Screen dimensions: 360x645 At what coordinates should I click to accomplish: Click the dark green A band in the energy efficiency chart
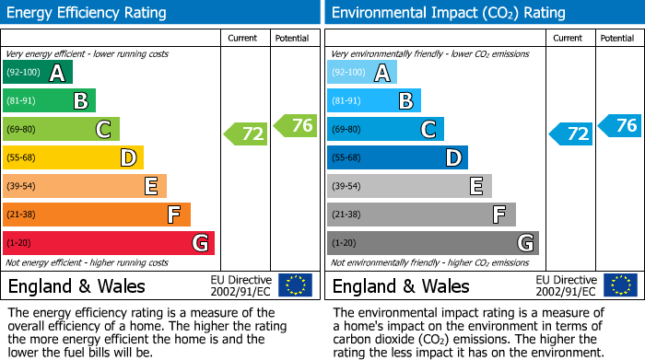(37, 73)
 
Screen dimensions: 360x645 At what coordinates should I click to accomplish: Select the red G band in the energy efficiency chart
(108, 243)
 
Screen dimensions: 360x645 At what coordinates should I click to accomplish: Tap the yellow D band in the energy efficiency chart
(73, 158)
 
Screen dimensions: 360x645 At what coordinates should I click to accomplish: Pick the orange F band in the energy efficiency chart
(96, 215)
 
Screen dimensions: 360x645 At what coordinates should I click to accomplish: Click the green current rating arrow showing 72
(246, 134)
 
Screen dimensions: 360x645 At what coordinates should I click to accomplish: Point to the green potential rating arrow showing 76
(296, 125)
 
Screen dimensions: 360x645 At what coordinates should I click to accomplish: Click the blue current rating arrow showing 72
(570, 134)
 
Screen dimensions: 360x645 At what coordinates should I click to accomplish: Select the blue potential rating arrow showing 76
(620, 125)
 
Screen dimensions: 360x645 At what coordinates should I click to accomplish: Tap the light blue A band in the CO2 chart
(361, 73)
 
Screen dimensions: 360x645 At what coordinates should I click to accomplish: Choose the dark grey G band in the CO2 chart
(432, 243)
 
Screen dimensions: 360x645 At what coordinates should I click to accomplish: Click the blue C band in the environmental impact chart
(385, 130)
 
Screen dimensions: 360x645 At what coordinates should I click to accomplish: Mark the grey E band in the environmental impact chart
(408, 186)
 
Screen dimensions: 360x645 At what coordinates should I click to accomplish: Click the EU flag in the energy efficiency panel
(295, 285)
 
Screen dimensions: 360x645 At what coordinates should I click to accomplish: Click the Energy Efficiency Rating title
(88, 13)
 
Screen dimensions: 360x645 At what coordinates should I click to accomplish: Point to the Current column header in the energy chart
(244, 38)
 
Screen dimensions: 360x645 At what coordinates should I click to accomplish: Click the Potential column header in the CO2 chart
(617, 38)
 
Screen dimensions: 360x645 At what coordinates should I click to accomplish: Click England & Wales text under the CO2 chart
(401, 285)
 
